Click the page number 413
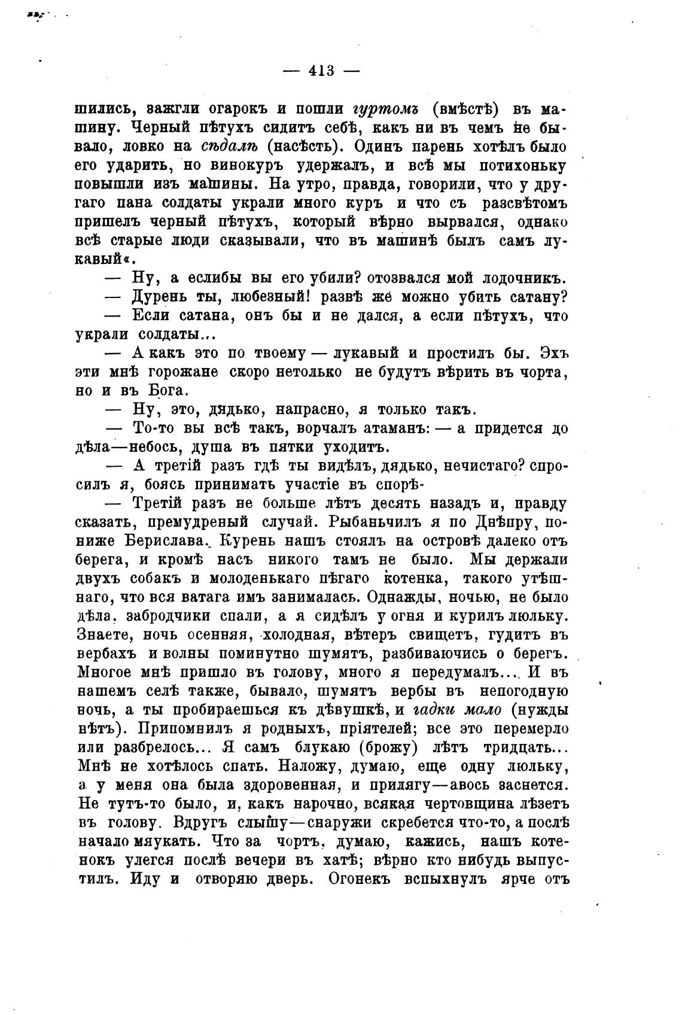pos(321,71)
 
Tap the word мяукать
pos(169,842)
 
